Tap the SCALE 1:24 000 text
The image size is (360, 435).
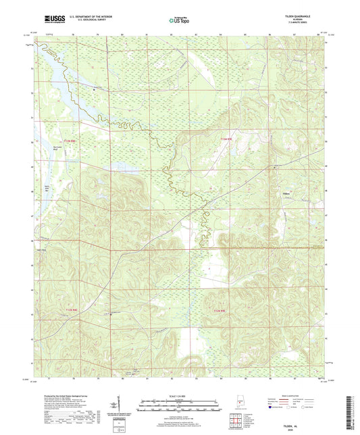pyautogui.click(x=180, y=395)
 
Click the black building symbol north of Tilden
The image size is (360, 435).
pyautogui.click(x=273, y=166)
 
